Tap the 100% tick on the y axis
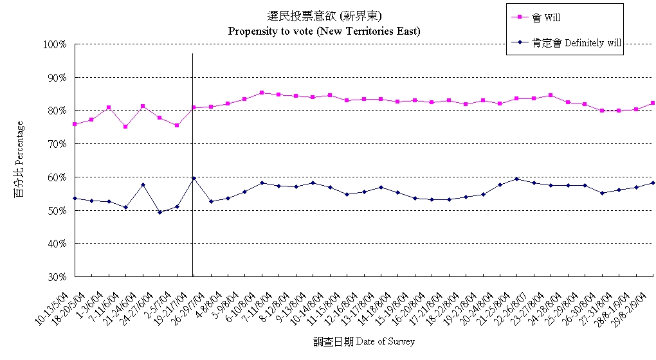point(55,44)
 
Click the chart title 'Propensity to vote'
point(324,31)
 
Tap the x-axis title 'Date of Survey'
point(364,341)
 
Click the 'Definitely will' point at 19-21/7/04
point(194,178)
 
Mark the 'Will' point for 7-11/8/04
point(262,93)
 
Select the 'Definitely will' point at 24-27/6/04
point(159,212)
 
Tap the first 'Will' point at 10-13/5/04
point(75,124)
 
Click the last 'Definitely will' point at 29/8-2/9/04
point(653,183)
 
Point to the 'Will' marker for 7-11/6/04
point(125,127)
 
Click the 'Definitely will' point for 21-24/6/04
point(143,185)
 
